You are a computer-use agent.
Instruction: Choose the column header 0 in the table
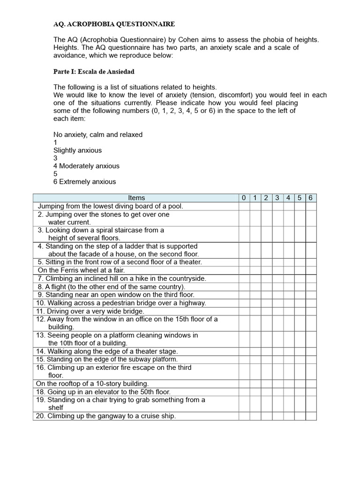coord(244,198)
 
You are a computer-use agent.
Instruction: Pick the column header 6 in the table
coord(311,198)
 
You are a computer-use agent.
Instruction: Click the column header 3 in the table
coord(277,198)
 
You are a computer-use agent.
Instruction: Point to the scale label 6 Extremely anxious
coord(84,182)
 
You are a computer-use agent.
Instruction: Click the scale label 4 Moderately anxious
coord(86,166)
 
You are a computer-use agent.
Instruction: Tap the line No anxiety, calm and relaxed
coord(97,135)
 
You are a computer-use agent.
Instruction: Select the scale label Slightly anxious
coord(77,150)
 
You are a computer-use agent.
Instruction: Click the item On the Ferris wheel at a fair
coord(82,270)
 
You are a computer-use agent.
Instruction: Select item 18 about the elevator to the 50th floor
coord(103,392)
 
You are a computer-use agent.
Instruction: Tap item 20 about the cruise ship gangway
coord(105,416)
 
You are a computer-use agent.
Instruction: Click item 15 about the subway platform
coord(107,360)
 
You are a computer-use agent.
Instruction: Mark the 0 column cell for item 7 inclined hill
coord(244,278)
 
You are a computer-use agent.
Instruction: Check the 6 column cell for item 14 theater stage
coord(311,351)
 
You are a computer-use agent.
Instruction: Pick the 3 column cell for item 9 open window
coord(277,295)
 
